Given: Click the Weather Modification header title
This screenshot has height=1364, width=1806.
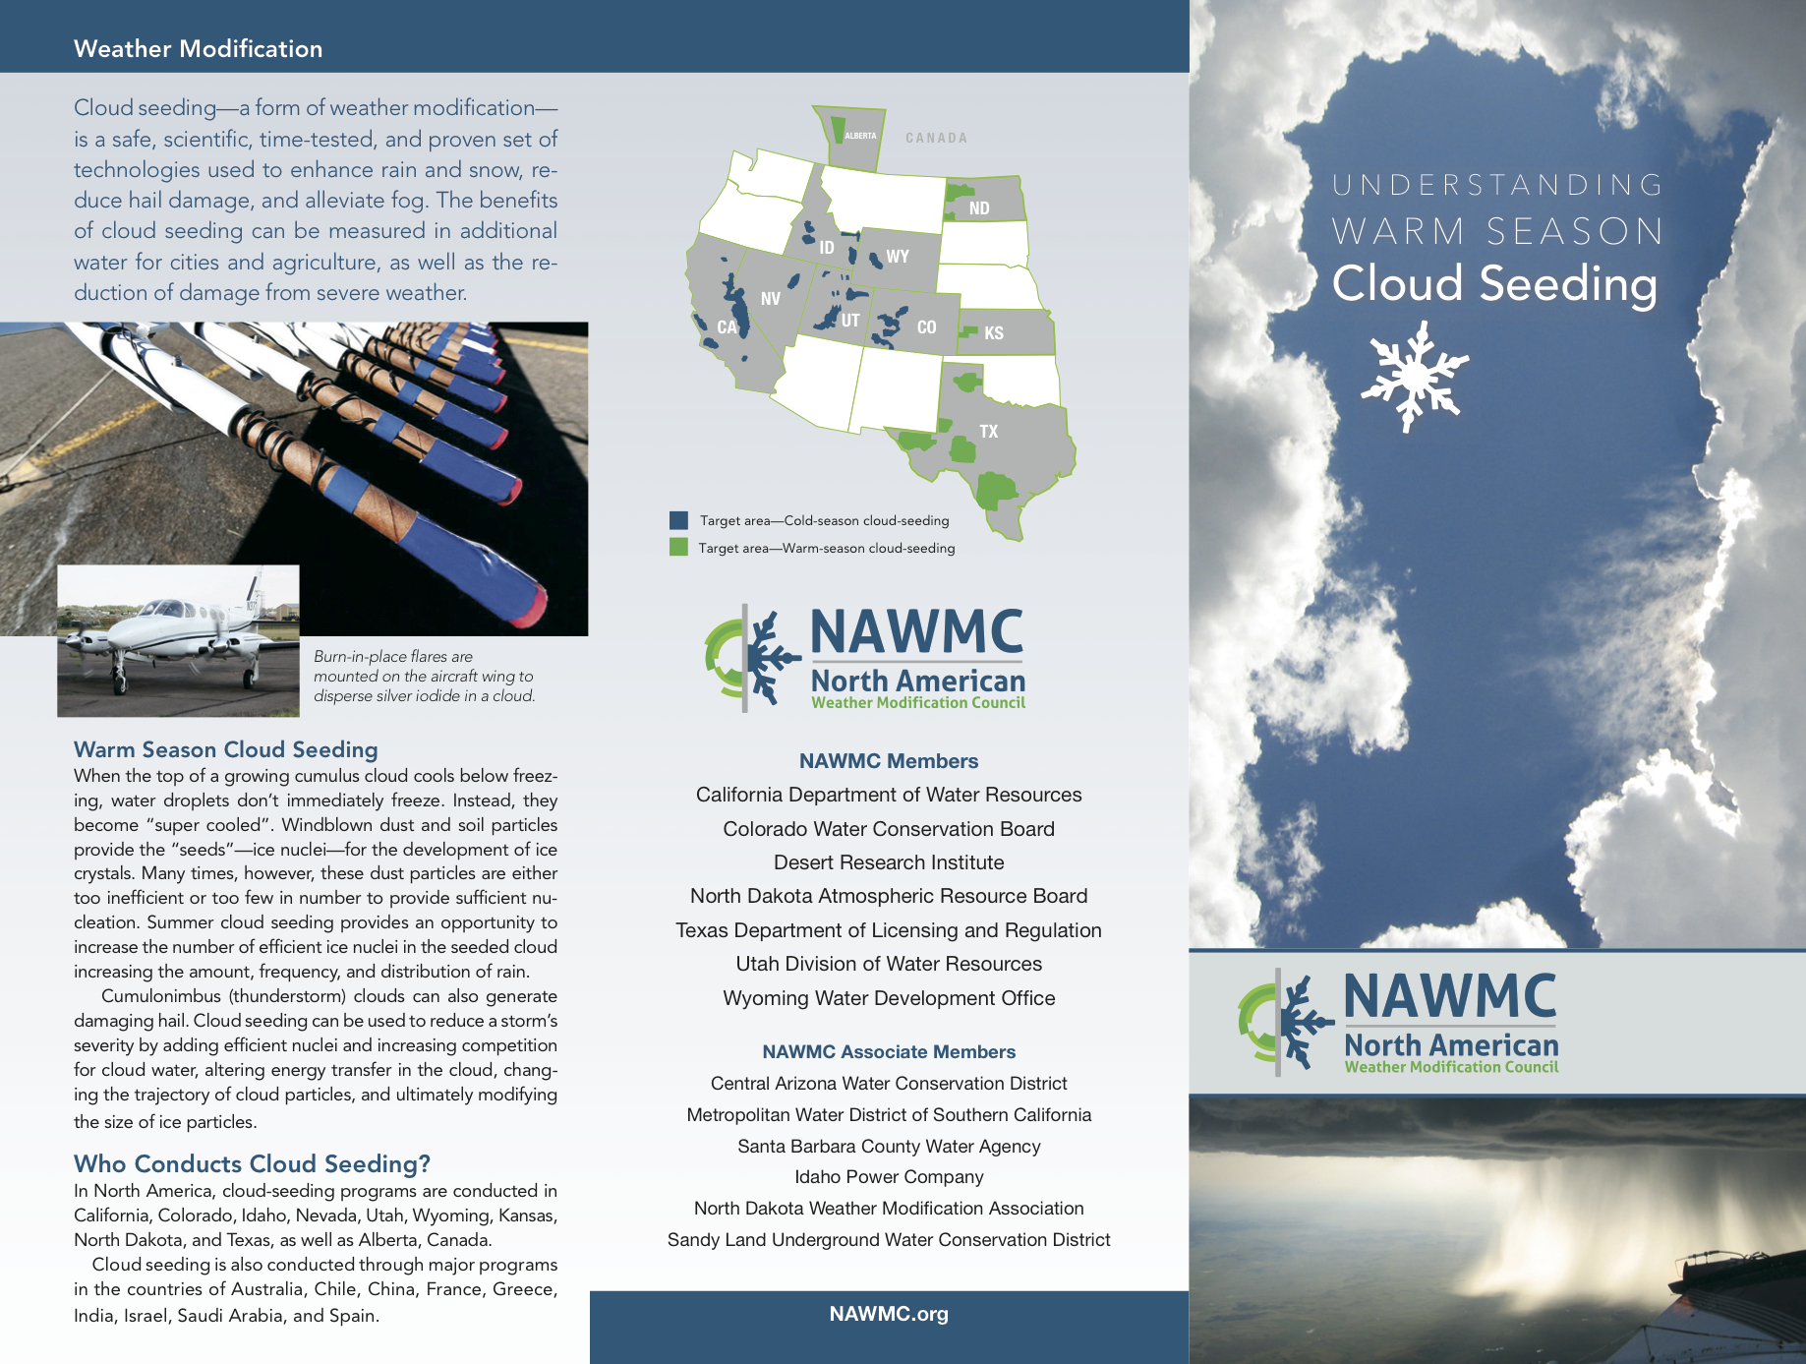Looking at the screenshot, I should (198, 48).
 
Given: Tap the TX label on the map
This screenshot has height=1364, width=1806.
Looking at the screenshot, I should (988, 431).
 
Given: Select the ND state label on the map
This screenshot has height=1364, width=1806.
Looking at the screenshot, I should (978, 208).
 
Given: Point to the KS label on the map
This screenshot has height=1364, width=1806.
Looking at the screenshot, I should (993, 332).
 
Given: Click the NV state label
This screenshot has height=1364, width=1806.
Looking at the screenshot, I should (770, 298).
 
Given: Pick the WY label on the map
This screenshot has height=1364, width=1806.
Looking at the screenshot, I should (897, 257).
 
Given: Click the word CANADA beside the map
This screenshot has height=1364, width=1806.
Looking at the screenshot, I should (936, 138).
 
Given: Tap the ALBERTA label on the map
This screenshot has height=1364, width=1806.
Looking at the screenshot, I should (860, 136).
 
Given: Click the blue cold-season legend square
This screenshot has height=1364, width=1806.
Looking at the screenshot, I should (678, 520).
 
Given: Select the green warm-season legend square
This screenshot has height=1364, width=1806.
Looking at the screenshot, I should (678, 547).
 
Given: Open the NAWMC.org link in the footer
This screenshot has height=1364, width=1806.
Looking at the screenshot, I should (889, 1314).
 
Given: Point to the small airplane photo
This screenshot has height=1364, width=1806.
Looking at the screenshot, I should (178, 640).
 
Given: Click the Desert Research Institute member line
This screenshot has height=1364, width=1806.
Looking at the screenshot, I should (889, 862).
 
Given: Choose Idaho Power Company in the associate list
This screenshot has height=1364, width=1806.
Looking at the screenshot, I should (889, 1177).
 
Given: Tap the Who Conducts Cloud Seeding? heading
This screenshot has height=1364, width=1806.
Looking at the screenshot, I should (252, 1163).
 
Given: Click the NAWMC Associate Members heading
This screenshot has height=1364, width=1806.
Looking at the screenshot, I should (889, 1051).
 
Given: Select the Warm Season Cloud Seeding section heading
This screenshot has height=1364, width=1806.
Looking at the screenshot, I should (225, 749).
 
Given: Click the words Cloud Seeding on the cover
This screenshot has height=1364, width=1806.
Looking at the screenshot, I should (1494, 283).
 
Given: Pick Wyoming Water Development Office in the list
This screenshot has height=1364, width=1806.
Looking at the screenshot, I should (889, 998).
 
